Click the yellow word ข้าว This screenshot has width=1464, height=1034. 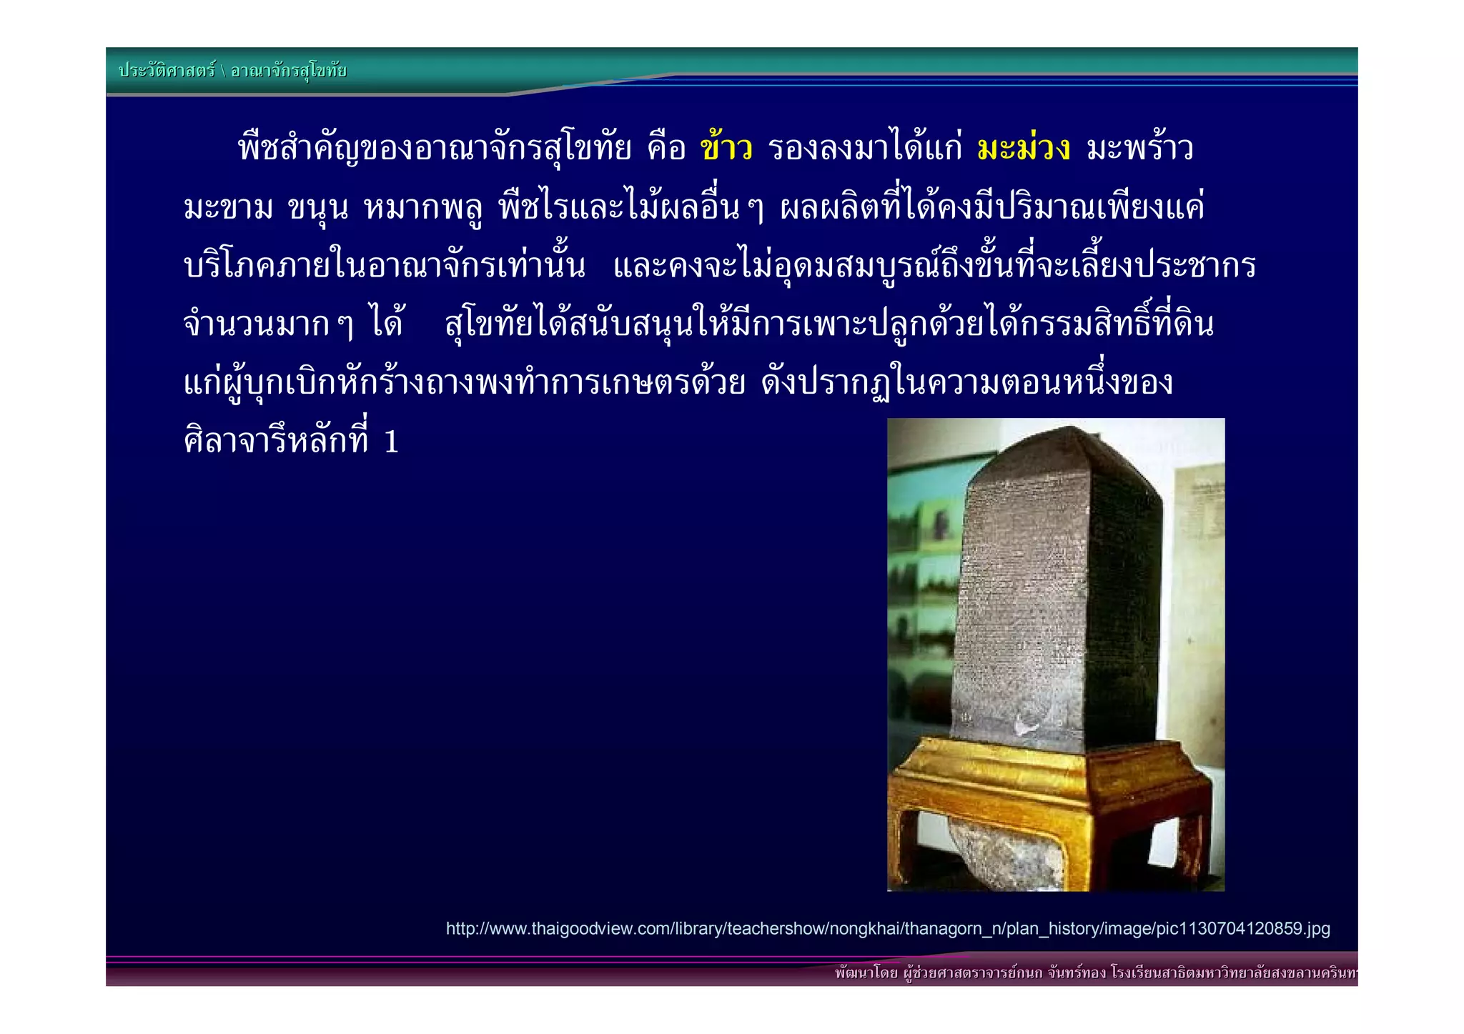pos(726,149)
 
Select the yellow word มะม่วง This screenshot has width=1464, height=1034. pos(1023,149)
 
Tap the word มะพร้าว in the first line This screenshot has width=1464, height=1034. pos(1140,149)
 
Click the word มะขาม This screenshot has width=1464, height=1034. pos(228,208)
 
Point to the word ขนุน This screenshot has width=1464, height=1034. pos(317,208)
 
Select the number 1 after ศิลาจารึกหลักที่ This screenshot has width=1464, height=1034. pos(391,442)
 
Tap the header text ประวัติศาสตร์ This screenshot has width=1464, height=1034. pos(167,71)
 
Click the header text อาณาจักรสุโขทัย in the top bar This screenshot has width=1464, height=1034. pos(289,71)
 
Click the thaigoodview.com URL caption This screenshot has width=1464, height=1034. pos(887,929)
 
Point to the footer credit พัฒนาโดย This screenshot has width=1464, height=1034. pos(866,973)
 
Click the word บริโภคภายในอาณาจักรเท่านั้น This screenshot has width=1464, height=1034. pos(384,267)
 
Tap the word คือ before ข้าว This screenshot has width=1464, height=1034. pos(666,149)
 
